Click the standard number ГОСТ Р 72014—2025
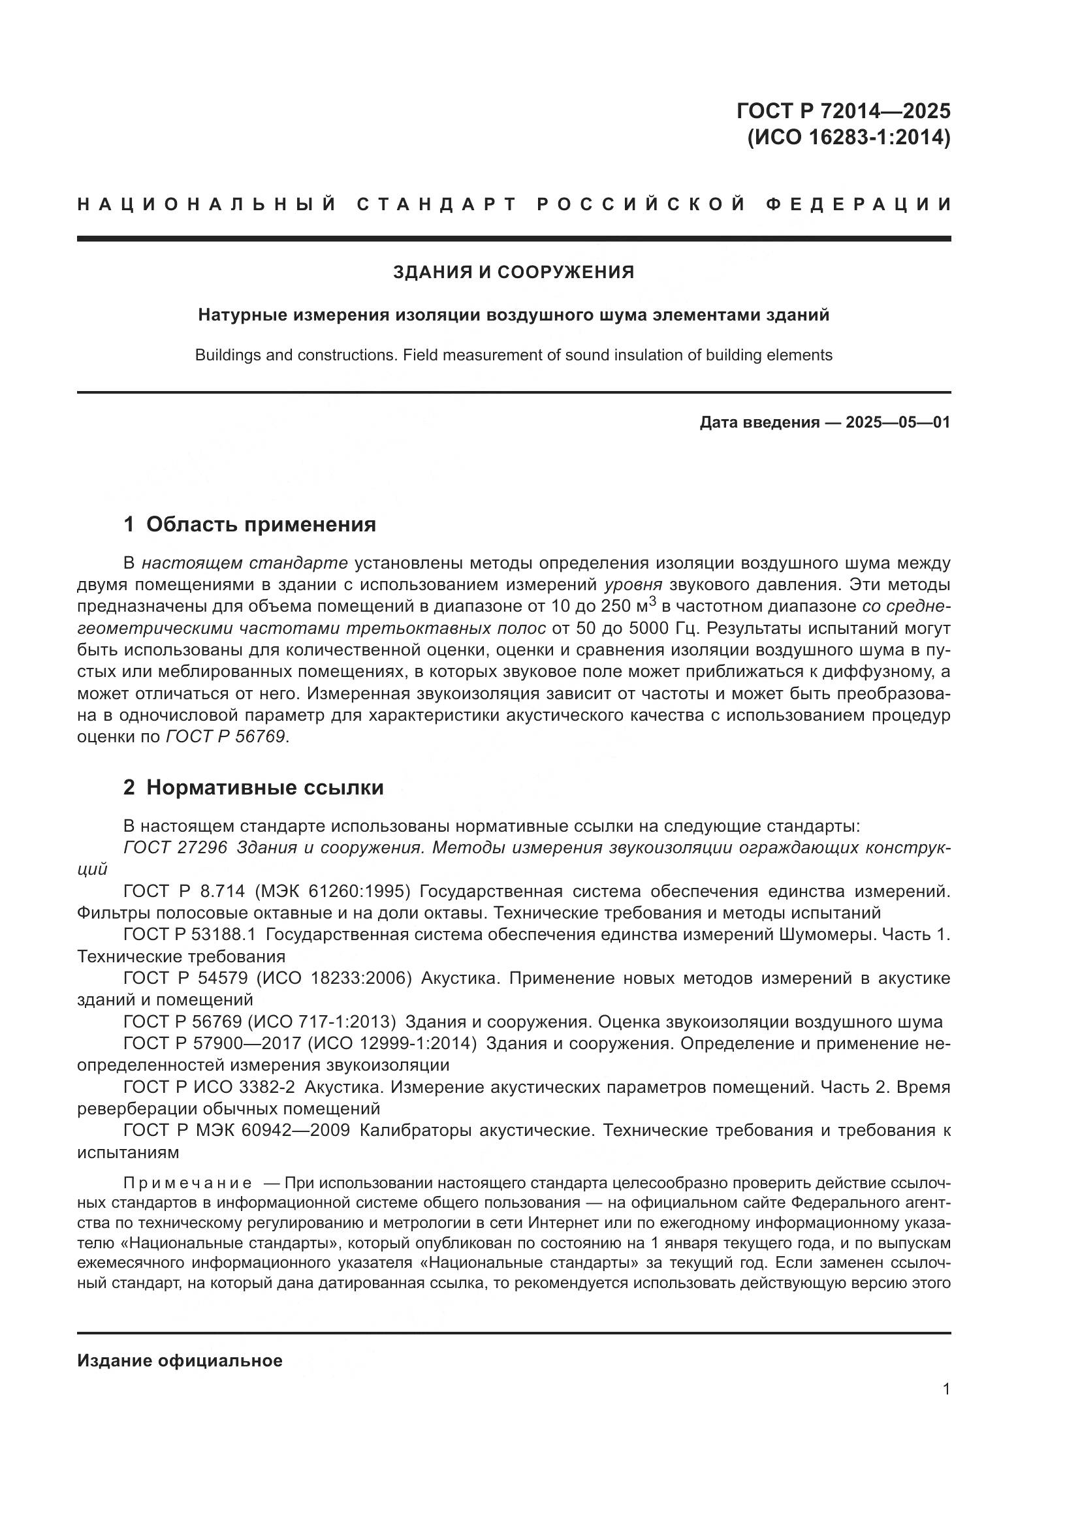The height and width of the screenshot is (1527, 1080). tap(842, 110)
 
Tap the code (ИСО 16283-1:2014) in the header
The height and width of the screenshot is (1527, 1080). tap(849, 138)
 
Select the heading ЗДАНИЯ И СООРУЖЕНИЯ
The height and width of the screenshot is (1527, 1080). tap(513, 272)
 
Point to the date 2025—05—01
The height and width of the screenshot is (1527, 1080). tap(898, 422)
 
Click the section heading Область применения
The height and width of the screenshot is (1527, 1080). tap(261, 525)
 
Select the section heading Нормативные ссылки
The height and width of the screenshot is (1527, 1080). tap(264, 787)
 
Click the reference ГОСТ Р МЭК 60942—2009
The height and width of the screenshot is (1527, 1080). tap(236, 1131)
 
